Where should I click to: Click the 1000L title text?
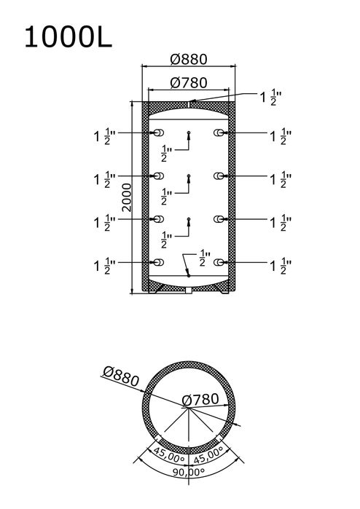click(69, 37)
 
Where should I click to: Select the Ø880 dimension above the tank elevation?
click(189, 60)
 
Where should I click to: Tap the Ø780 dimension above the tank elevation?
click(189, 83)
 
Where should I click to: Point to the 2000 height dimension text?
click(126, 197)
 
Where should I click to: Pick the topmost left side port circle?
click(159, 133)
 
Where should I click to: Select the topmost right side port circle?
click(219, 133)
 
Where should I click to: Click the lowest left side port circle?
click(159, 262)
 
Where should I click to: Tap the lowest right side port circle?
click(219, 262)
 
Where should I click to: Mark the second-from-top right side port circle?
click(219, 176)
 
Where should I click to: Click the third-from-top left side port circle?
click(159, 219)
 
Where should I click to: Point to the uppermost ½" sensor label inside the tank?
click(166, 154)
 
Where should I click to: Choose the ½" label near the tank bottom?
click(205, 258)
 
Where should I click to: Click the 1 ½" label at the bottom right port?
click(281, 266)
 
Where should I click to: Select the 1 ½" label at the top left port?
click(105, 136)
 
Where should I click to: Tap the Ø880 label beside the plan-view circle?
click(121, 376)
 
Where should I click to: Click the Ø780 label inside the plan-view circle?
click(200, 400)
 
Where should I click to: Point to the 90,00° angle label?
click(189, 471)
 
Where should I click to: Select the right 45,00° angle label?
click(209, 454)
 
